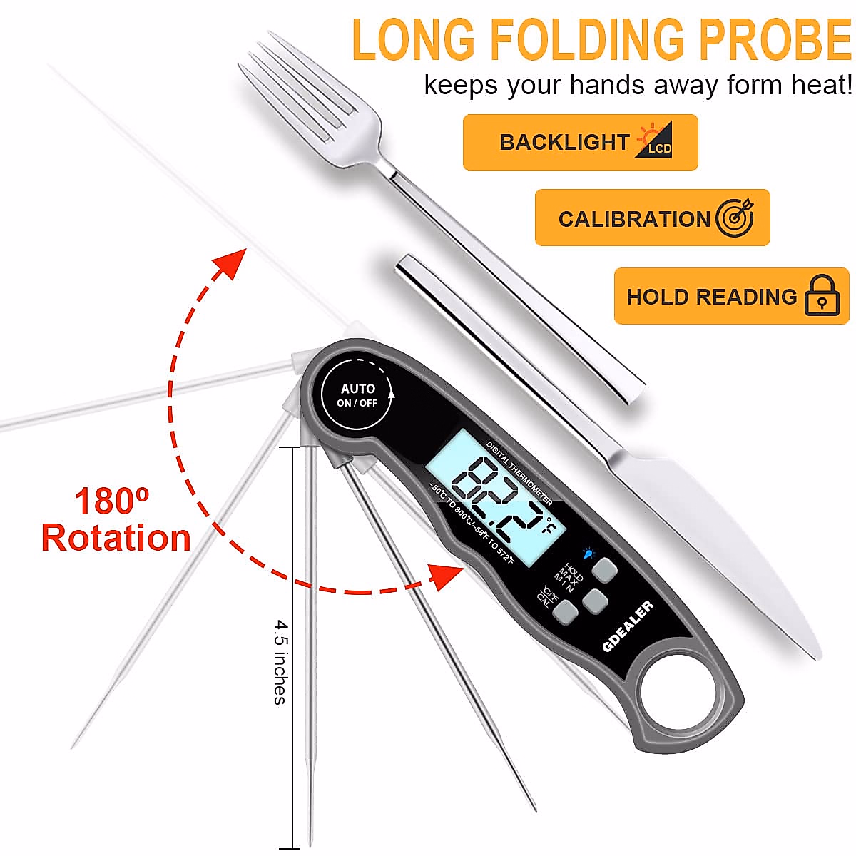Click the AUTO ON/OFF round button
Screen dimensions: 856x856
(357, 395)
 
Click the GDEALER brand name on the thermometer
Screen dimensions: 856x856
(628, 626)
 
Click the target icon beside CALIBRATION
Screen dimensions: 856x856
(735, 218)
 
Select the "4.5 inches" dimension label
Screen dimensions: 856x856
(280, 661)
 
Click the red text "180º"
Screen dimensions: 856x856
(112, 501)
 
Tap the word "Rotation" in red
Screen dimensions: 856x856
(116, 538)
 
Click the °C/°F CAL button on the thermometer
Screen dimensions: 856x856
(566, 611)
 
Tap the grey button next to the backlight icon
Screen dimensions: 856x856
(606, 570)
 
